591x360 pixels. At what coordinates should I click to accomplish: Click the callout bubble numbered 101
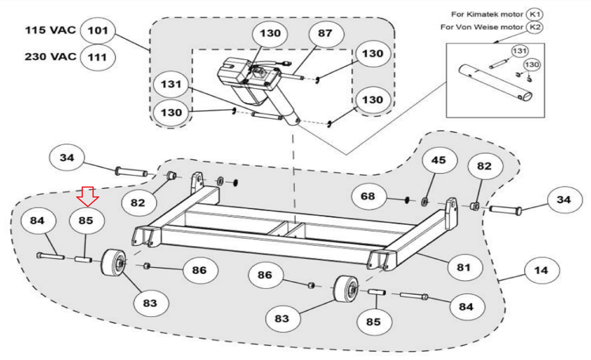click(98, 30)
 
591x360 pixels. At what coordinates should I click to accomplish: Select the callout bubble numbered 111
click(98, 57)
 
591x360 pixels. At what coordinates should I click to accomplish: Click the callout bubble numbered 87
click(325, 33)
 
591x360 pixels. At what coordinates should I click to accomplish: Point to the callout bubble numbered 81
click(464, 267)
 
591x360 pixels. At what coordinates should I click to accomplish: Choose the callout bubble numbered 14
click(541, 271)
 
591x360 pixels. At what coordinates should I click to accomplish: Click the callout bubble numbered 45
click(439, 160)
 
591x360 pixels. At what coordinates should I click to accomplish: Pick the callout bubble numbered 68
click(368, 196)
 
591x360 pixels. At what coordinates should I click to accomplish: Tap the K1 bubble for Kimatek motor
click(534, 14)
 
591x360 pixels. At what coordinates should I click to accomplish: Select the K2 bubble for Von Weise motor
click(534, 27)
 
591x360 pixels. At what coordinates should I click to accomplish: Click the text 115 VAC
click(50, 30)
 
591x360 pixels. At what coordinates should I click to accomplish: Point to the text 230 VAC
click(50, 57)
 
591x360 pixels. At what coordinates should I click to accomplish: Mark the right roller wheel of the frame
click(346, 289)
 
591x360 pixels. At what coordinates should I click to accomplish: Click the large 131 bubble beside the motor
click(171, 84)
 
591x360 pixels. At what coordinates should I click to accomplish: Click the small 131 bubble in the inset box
click(519, 51)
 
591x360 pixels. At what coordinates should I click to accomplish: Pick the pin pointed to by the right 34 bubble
click(505, 210)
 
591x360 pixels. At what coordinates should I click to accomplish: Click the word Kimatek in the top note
click(482, 14)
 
